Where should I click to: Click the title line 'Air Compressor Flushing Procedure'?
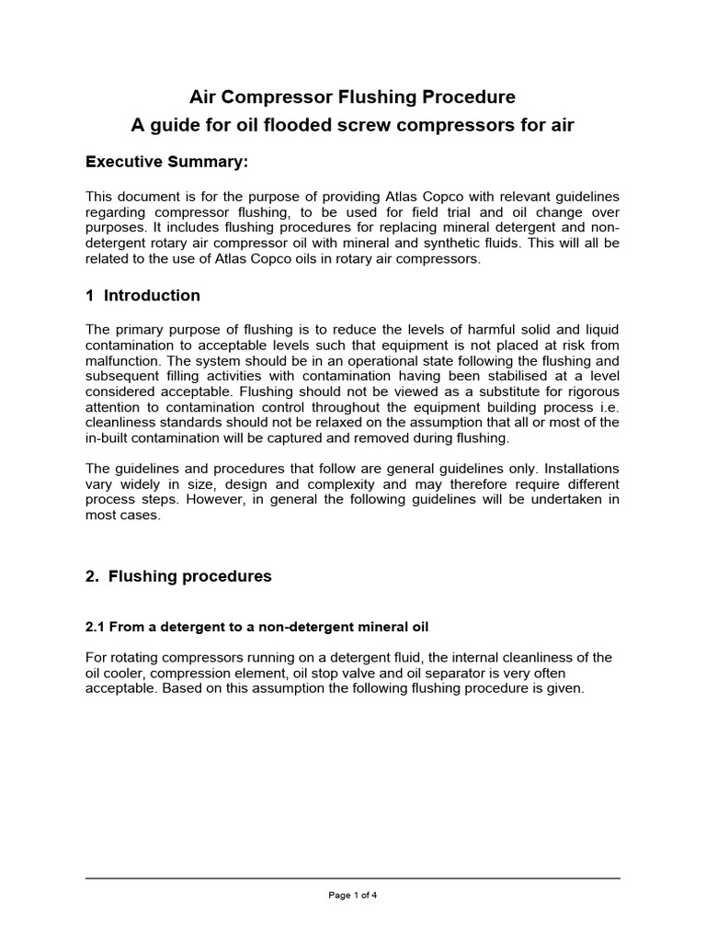[x=352, y=96]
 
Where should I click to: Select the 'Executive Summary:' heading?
[x=166, y=163]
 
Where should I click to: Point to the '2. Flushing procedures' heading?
[x=178, y=577]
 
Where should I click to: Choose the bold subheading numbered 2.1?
[x=256, y=627]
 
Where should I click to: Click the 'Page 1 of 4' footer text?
[x=353, y=896]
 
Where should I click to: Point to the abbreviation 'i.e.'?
[x=607, y=405]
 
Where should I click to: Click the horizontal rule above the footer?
[x=353, y=879]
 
